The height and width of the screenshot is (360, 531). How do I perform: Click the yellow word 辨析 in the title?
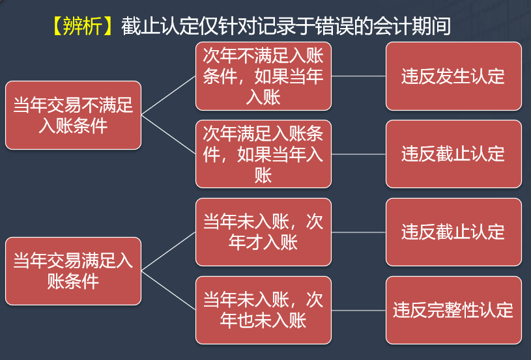click(x=82, y=26)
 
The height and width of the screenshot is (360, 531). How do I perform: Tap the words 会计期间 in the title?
click(x=412, y=26)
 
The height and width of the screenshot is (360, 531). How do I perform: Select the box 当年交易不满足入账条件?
click(x=73, y=115)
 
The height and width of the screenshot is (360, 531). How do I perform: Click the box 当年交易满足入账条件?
click(x=73, y=271)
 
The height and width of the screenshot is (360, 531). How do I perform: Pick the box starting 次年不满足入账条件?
click(x=263, y=76)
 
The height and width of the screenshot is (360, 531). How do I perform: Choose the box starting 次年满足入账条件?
click(x=263, y=154)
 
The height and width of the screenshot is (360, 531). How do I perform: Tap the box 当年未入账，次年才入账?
click(x=263, y=232)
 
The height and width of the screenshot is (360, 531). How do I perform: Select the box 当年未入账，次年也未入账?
click(x=263, y=311)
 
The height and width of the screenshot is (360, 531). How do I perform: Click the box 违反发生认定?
click(x=453, y=76)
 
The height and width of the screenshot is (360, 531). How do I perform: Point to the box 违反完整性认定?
click(x=453, y=311)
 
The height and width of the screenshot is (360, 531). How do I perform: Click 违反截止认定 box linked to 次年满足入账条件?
click(x=453, y=154)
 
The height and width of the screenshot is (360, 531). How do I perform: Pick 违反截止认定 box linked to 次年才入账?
click(x=453, y=232)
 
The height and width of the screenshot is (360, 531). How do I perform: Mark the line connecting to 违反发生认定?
click(x=358, y=76)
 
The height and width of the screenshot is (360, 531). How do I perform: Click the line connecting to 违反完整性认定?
click(x=358, y=311)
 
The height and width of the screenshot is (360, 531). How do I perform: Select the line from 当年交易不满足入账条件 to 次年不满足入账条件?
click(x=168, y=96)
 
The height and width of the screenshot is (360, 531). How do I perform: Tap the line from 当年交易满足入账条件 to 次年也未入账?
click(x=168, y=290)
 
